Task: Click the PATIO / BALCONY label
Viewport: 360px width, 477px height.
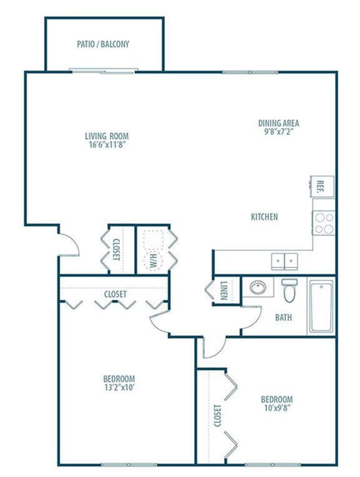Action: click(103, 44)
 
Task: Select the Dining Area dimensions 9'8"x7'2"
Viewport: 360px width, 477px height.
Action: click(278, 132)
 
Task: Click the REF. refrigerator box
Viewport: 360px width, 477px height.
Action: click(322, 185)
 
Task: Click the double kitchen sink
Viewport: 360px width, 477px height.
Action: click(285, 259)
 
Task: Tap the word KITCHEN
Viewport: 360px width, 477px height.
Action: click(264, 217)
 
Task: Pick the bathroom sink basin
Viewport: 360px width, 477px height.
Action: click(258, 288)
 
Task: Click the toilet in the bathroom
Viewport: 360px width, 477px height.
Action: click(289, 289)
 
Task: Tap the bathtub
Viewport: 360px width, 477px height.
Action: click(321, 306)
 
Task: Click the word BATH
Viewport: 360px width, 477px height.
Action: click(283, 317)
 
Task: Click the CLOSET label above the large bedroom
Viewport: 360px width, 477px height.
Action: click(115, 294)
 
